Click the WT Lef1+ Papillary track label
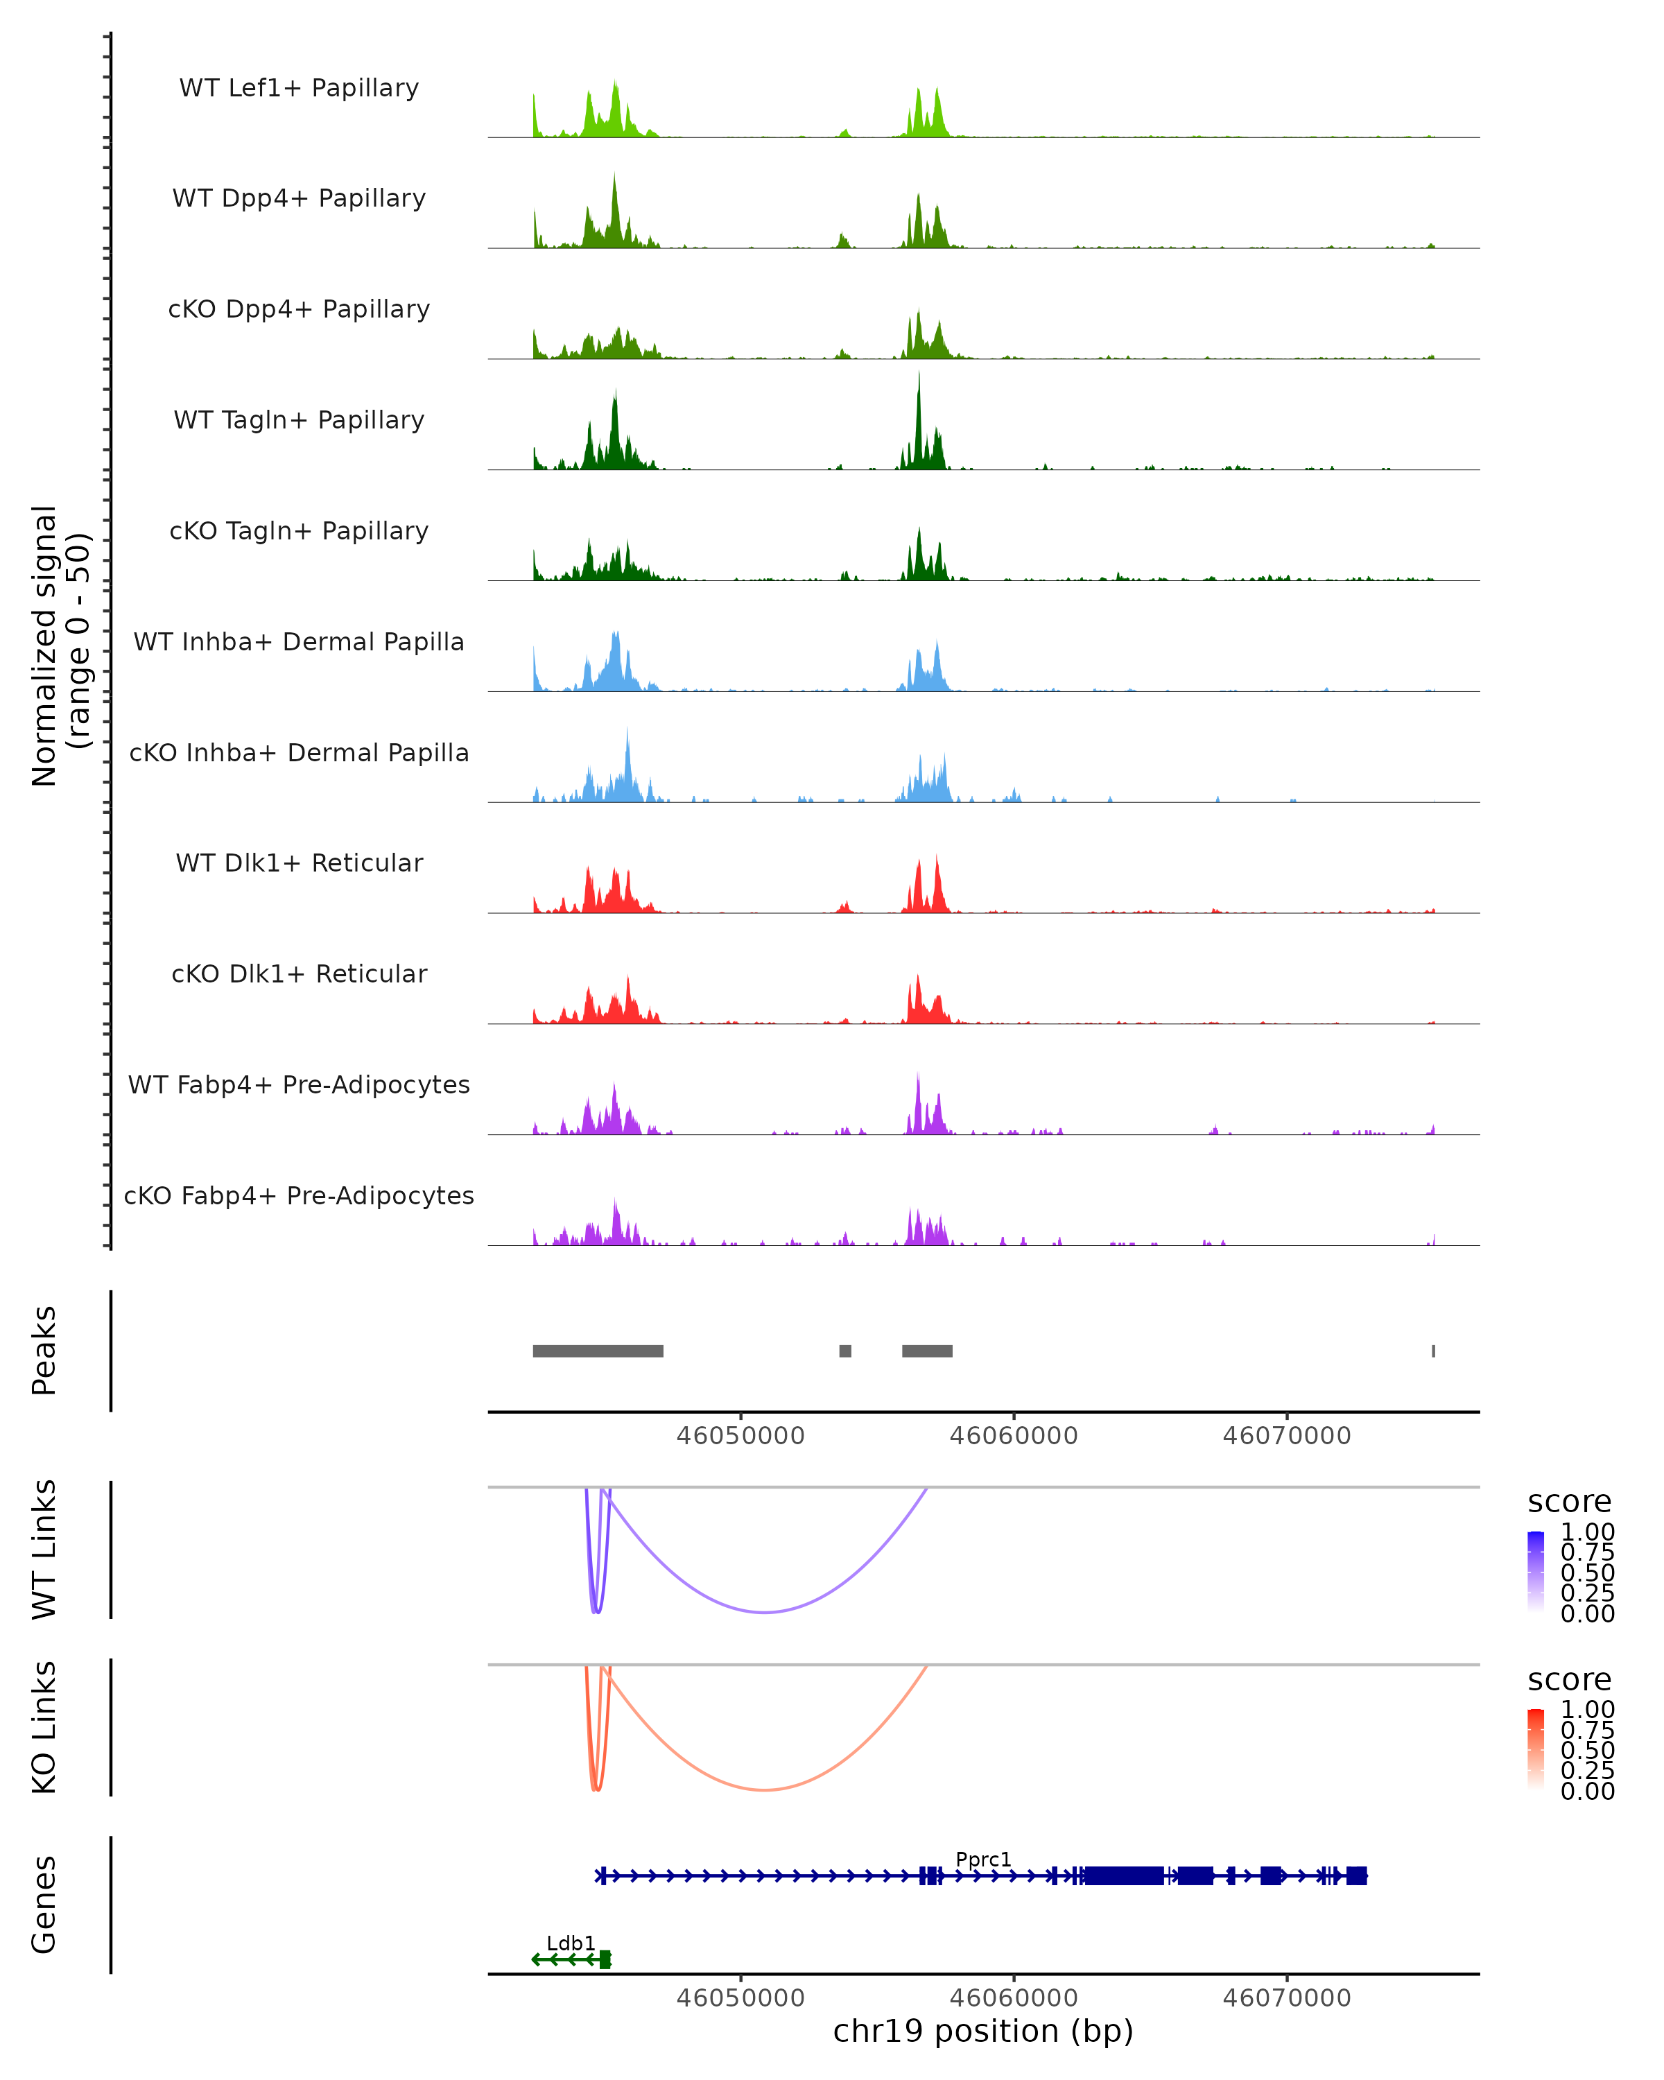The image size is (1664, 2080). pyautogui.click(x=299, y=88)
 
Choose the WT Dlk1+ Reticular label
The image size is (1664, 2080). pyautogui.click(x=299, y=863)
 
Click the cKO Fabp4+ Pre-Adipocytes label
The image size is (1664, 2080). pyautogui.click(x=299, y=1195)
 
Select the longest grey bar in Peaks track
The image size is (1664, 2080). pyautogui.click(x=598, y=1351)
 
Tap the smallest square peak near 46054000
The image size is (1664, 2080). pyautogui.click(x=845, y=1351)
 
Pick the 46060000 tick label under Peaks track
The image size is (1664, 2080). pyautogui.click(x=1013, y=1436)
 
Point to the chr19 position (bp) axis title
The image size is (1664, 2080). pyautogui.click(x=983, y=2031)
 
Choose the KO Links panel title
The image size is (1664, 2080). pyautogui.click(x=44, y=1727)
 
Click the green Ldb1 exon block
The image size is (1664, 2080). pyautogui.click(x=605, y=1959)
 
